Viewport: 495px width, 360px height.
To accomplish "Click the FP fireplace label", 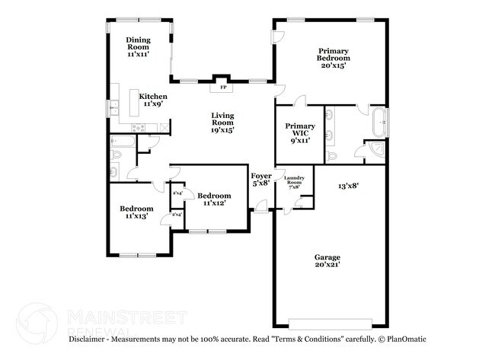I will (x=223, y=88).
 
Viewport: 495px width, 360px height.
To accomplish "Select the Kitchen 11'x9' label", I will (x=153, y=100).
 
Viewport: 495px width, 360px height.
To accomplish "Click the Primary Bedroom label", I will (x=334, y=58).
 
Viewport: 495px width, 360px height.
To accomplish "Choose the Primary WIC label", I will (x=299, y=132).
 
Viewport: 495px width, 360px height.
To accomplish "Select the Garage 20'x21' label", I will (x=328, y=260).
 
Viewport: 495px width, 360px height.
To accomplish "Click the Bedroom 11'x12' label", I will (x=214, y=199).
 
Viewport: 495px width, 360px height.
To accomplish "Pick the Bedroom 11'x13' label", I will (x=136, y=212).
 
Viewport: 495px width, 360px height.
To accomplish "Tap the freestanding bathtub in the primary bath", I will (x=377, y=120).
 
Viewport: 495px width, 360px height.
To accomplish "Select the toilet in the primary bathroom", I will (x=332, y=155).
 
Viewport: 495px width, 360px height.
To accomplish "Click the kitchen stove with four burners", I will (x=139, y=126).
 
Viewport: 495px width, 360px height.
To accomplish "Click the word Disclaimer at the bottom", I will (x=90, y=338).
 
